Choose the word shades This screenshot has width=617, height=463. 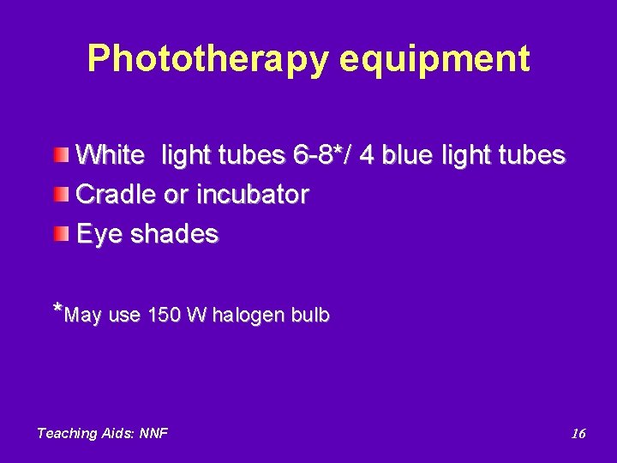tap(175, 233)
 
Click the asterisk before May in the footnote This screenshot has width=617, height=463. tap(57, 310)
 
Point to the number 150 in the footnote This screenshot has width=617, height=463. tap(163, 316)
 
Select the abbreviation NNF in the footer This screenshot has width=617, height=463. tap(152, 434)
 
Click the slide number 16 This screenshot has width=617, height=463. tap(578, 434)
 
